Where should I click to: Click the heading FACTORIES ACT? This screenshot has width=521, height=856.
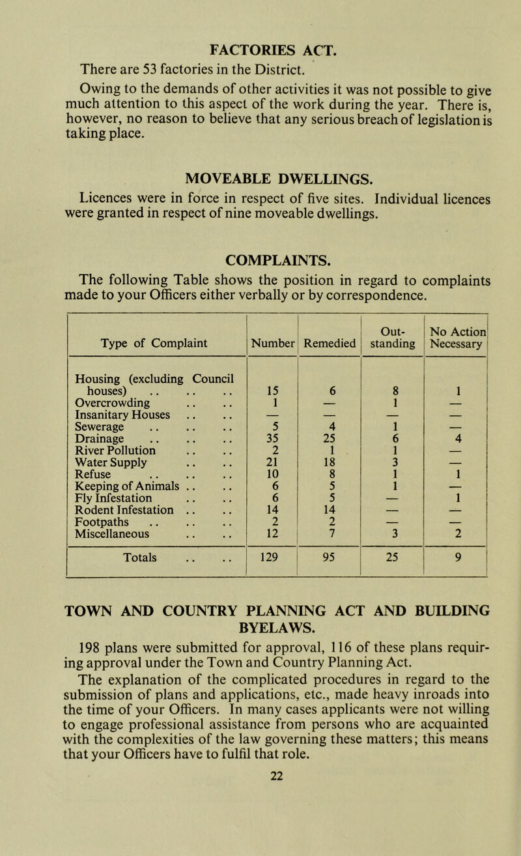(259, 28)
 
